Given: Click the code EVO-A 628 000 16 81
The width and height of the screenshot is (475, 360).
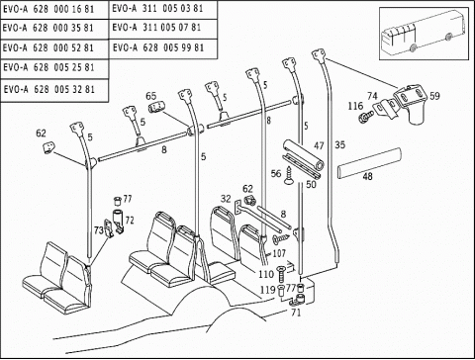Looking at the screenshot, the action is click(x=48, y=9).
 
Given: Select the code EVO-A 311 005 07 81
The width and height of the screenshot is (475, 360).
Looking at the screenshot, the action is click(x=156, y=28).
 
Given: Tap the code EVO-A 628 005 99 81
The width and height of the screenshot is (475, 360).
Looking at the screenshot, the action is click(x=158, y=47).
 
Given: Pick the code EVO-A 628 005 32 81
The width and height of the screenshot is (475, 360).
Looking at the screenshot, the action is click(x=49, y=89).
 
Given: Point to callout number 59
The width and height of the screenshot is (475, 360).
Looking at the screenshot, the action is click(x=434, y=96).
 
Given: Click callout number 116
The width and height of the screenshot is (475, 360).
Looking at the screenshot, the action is click(x=355, y=106).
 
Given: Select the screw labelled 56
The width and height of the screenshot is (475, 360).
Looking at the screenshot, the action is click(x=289, y=175).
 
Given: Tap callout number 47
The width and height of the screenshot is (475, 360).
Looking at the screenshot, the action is click(x=319, y=145).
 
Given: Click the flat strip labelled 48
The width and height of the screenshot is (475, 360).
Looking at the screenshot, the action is click(x=369, y=163).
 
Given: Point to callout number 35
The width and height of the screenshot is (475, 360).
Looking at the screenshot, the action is click(x=339, y=144).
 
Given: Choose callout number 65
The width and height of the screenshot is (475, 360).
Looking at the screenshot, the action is click(x=151, y=96).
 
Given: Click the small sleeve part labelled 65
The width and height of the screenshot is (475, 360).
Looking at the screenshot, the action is click(x=155, y=108).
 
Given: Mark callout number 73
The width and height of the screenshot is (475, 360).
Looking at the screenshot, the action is click(x=99, y=230).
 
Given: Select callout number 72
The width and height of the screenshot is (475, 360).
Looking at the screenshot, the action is click(x=130, y=221).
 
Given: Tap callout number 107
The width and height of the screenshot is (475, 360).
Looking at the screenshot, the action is click(x=279, y=253).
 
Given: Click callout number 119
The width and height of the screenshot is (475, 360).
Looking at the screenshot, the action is click(x=267, y=290).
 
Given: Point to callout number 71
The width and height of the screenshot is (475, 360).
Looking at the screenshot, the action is click(x=296, y=313).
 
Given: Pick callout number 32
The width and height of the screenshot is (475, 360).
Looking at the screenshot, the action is click(x=226, y=199).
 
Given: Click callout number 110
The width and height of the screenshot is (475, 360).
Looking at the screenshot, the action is click(x=266, y=274).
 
